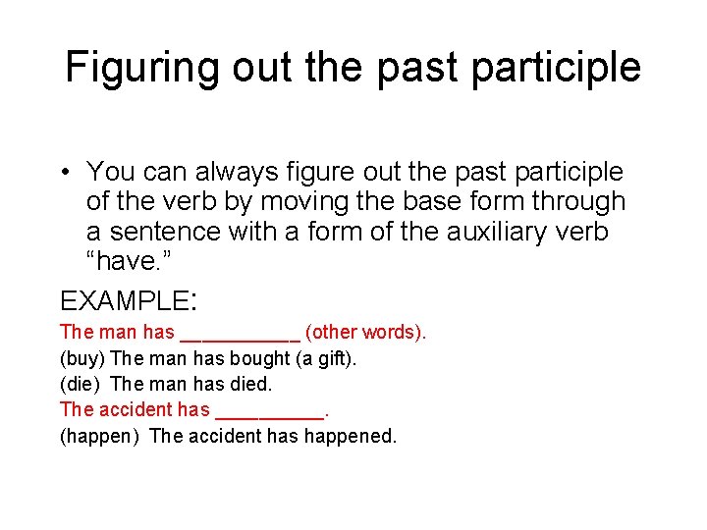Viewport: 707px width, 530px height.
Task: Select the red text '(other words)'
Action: [365, 333]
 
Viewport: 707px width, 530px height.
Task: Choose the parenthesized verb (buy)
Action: [83, 358]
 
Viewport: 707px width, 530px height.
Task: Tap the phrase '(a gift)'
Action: [326, 358]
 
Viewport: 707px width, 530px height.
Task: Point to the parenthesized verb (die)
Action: [81, 384]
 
